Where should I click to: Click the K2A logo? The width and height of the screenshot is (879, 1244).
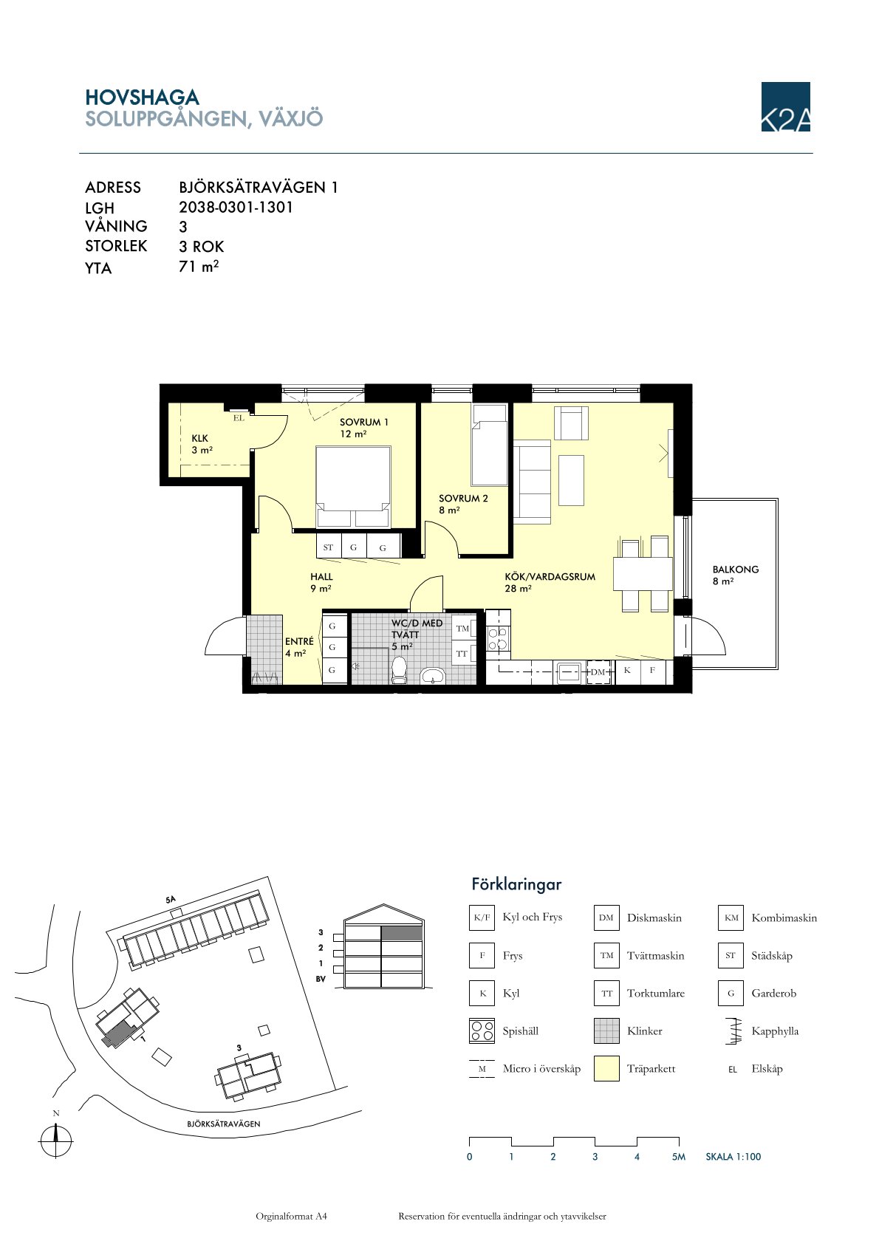[x=785, y=106]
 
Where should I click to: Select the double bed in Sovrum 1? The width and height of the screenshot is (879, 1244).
[x=353, y=486]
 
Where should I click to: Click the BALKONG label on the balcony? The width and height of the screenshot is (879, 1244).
[x=735, y=570]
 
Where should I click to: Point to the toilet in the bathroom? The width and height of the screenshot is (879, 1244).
[x=399, y=670]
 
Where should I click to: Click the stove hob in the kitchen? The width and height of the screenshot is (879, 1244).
[x=498, y=638]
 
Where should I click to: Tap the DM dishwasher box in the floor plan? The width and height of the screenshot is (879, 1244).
[x=598, y=672]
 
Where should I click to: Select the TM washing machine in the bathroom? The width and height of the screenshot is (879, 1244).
[x=463, y=629]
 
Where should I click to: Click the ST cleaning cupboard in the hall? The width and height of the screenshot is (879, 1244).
[x=328, y=547]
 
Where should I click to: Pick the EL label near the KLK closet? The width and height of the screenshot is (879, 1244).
[x=239, y=418]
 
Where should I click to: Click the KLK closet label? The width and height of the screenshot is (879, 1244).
[x=199, y=438]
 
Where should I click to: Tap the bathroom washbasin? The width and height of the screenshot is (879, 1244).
[x=433, y=676]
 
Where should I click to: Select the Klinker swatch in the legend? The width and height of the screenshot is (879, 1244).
[x=606, y=1031]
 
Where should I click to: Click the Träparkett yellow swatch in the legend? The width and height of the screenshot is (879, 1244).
[x=606, y=1068]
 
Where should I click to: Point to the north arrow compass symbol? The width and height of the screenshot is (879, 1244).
[x=55, y=1142]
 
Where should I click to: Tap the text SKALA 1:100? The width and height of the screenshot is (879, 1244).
[x=733, y=1157]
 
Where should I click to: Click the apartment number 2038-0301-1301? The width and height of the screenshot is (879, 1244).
[x=236, y=207]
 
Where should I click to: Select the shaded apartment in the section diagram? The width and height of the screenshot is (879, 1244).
[x=402, y=933]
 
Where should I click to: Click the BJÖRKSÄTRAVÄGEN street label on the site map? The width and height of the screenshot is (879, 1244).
[x=224, y=1124]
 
